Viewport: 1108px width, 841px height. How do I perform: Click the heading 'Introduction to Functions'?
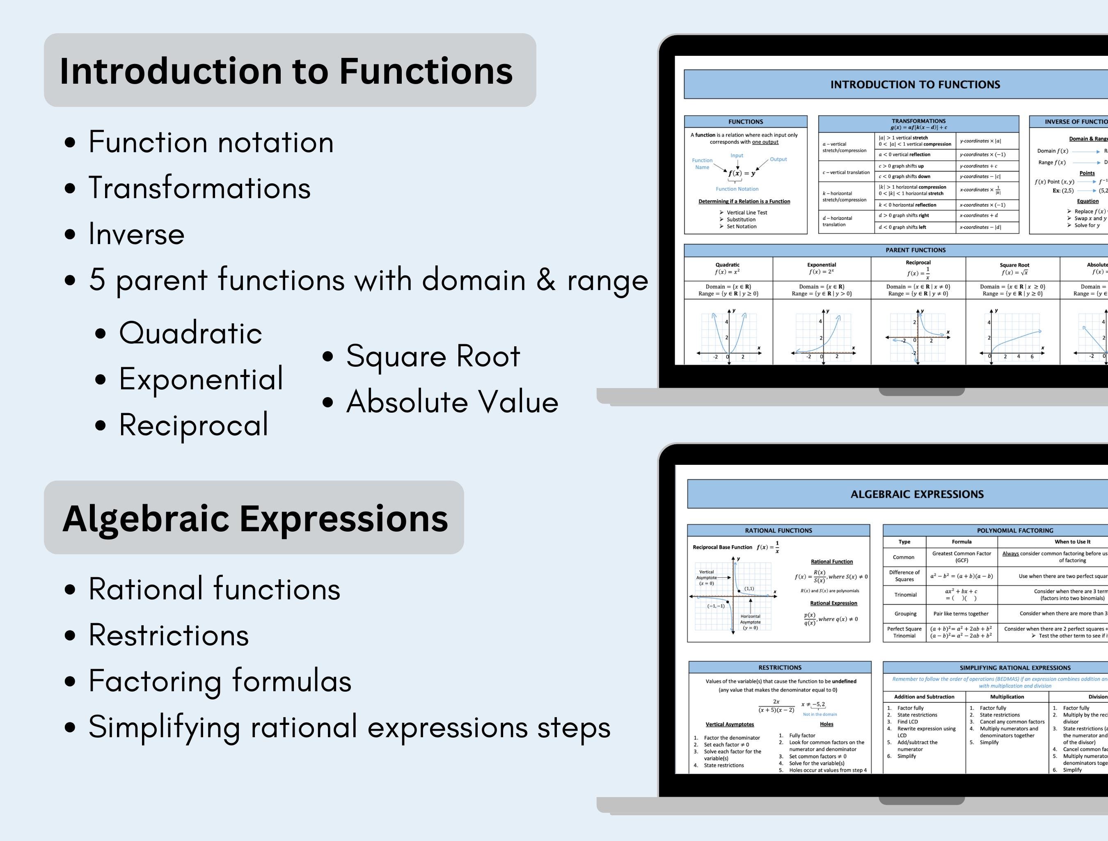(286, 71)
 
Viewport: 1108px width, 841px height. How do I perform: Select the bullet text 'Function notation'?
(211, 142)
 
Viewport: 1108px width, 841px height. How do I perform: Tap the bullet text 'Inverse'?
(136, 234)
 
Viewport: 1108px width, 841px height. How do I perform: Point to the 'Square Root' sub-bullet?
(433, 357)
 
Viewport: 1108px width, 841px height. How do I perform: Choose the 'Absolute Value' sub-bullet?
(452, 402)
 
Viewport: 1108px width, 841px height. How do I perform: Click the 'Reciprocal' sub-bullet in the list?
(193, 425)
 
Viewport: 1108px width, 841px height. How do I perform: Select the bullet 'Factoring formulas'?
(220, 681)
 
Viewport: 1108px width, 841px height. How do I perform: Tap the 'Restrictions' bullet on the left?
(168, 635)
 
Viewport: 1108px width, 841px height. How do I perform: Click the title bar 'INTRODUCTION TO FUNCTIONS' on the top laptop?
(915, 85)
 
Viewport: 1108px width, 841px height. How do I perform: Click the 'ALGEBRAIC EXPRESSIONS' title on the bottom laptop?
(917, 494)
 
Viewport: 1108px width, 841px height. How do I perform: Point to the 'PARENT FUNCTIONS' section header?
(915, 250)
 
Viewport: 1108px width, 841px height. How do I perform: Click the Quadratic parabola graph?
(729, 335)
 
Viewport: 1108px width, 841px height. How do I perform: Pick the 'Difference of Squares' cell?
(904, 576)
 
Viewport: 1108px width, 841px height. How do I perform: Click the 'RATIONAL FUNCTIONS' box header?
(778, 530)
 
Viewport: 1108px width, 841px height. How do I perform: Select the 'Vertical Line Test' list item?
(746, 213)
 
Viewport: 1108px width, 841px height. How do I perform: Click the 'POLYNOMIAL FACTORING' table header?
(1014, 530)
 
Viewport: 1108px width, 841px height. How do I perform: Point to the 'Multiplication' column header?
(1007, 697)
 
